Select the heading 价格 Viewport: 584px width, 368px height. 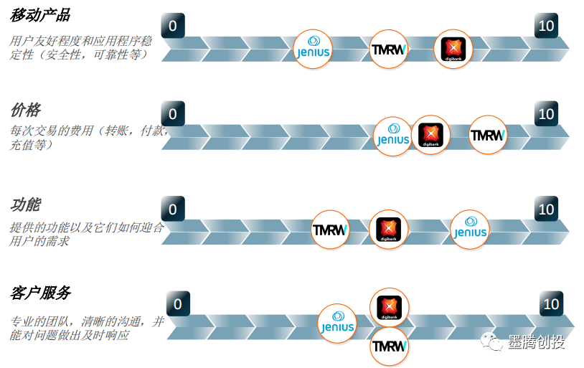tap(26, 110)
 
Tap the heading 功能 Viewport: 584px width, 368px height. tap(26, 204)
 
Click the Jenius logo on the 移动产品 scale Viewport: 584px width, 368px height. tap(313, 49)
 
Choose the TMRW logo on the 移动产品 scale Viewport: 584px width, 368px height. tap(389, 49)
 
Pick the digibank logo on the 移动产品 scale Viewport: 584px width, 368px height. tap(453, 49)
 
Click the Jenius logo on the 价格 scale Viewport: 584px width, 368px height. tap(393, 135)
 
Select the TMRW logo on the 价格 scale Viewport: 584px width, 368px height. tap(488, 135)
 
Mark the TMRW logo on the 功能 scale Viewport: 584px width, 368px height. tap(331, 230)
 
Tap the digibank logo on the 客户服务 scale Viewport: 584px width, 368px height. tap(389, 307)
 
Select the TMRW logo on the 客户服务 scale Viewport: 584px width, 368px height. tap(390, 346)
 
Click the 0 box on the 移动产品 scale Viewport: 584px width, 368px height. tap(173, 26)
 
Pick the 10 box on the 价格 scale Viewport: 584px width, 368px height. tap(546, 114)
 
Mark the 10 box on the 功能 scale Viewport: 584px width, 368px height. tap(546, 209)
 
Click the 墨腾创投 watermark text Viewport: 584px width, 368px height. tap(537, 342)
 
